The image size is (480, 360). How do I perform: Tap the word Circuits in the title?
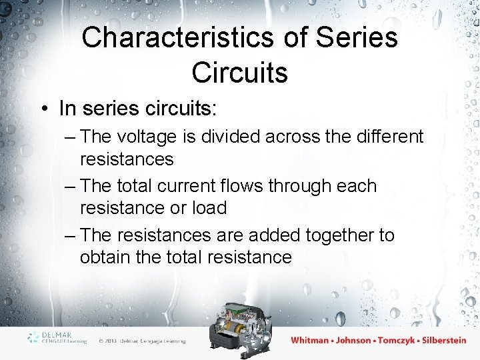[x=240, y=72]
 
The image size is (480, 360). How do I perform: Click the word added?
[x=275, y=235]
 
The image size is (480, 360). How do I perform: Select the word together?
[x=343, y=235]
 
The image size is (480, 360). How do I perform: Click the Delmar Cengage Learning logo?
[x=57, y=337]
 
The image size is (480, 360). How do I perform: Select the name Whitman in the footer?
[x=309, y=340]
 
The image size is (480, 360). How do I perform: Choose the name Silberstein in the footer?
[x=447, y=340]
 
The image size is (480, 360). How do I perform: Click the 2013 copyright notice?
[x=141, y=341]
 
